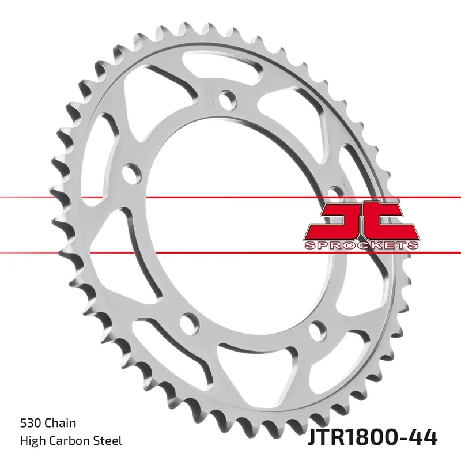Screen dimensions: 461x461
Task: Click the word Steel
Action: pos(107,441)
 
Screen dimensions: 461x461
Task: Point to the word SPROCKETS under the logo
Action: pos(361,245)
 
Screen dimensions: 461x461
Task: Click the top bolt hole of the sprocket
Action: pos(230,100)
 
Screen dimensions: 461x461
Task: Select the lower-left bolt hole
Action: pos(188,321)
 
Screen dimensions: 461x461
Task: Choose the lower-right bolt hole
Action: pos(316,329)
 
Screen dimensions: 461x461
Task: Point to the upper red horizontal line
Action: pos(86,197)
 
